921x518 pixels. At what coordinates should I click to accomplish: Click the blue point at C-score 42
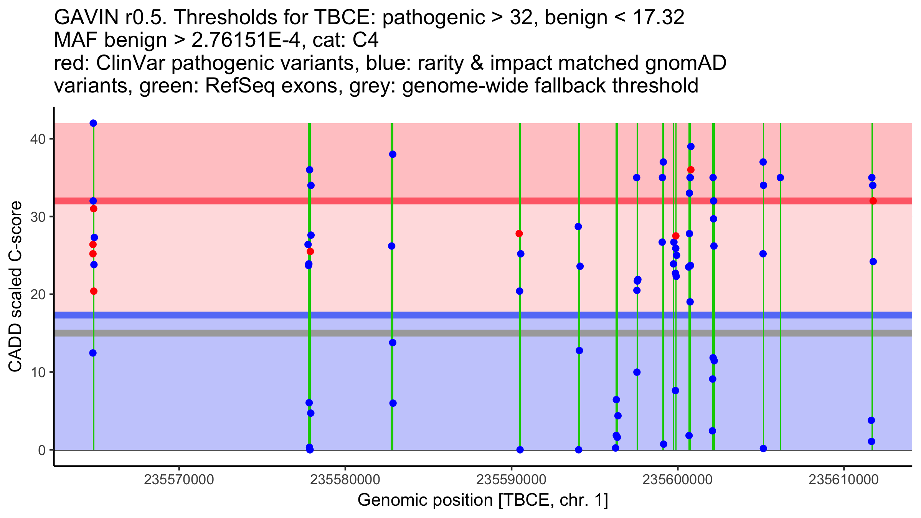click(x=93, y=123)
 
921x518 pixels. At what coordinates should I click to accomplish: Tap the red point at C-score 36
click(x=691, y=170)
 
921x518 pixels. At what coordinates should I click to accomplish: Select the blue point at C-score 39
click(x=691, y=147)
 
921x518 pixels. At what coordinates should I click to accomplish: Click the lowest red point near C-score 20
click(x=94, y=291)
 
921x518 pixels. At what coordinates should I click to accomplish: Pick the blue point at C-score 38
click(x=393, y=154)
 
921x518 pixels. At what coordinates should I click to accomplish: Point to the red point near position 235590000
click(x=519, y=234)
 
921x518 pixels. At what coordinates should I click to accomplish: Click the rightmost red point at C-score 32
click(x=873, y=201)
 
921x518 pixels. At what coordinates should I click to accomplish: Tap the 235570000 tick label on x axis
click(x=179, y=480)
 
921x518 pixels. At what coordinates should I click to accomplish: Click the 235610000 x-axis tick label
click(x=843, y=480)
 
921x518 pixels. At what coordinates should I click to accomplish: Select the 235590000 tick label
click(x=511, y=480)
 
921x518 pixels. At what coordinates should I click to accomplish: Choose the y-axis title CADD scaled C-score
click(x=15, y=287)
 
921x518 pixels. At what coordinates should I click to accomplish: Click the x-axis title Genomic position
click(x=483, y=500)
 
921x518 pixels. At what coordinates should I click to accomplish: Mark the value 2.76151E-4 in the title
click(x=246, y=41)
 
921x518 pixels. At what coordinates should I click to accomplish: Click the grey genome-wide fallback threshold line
click(x=483, y=333)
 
